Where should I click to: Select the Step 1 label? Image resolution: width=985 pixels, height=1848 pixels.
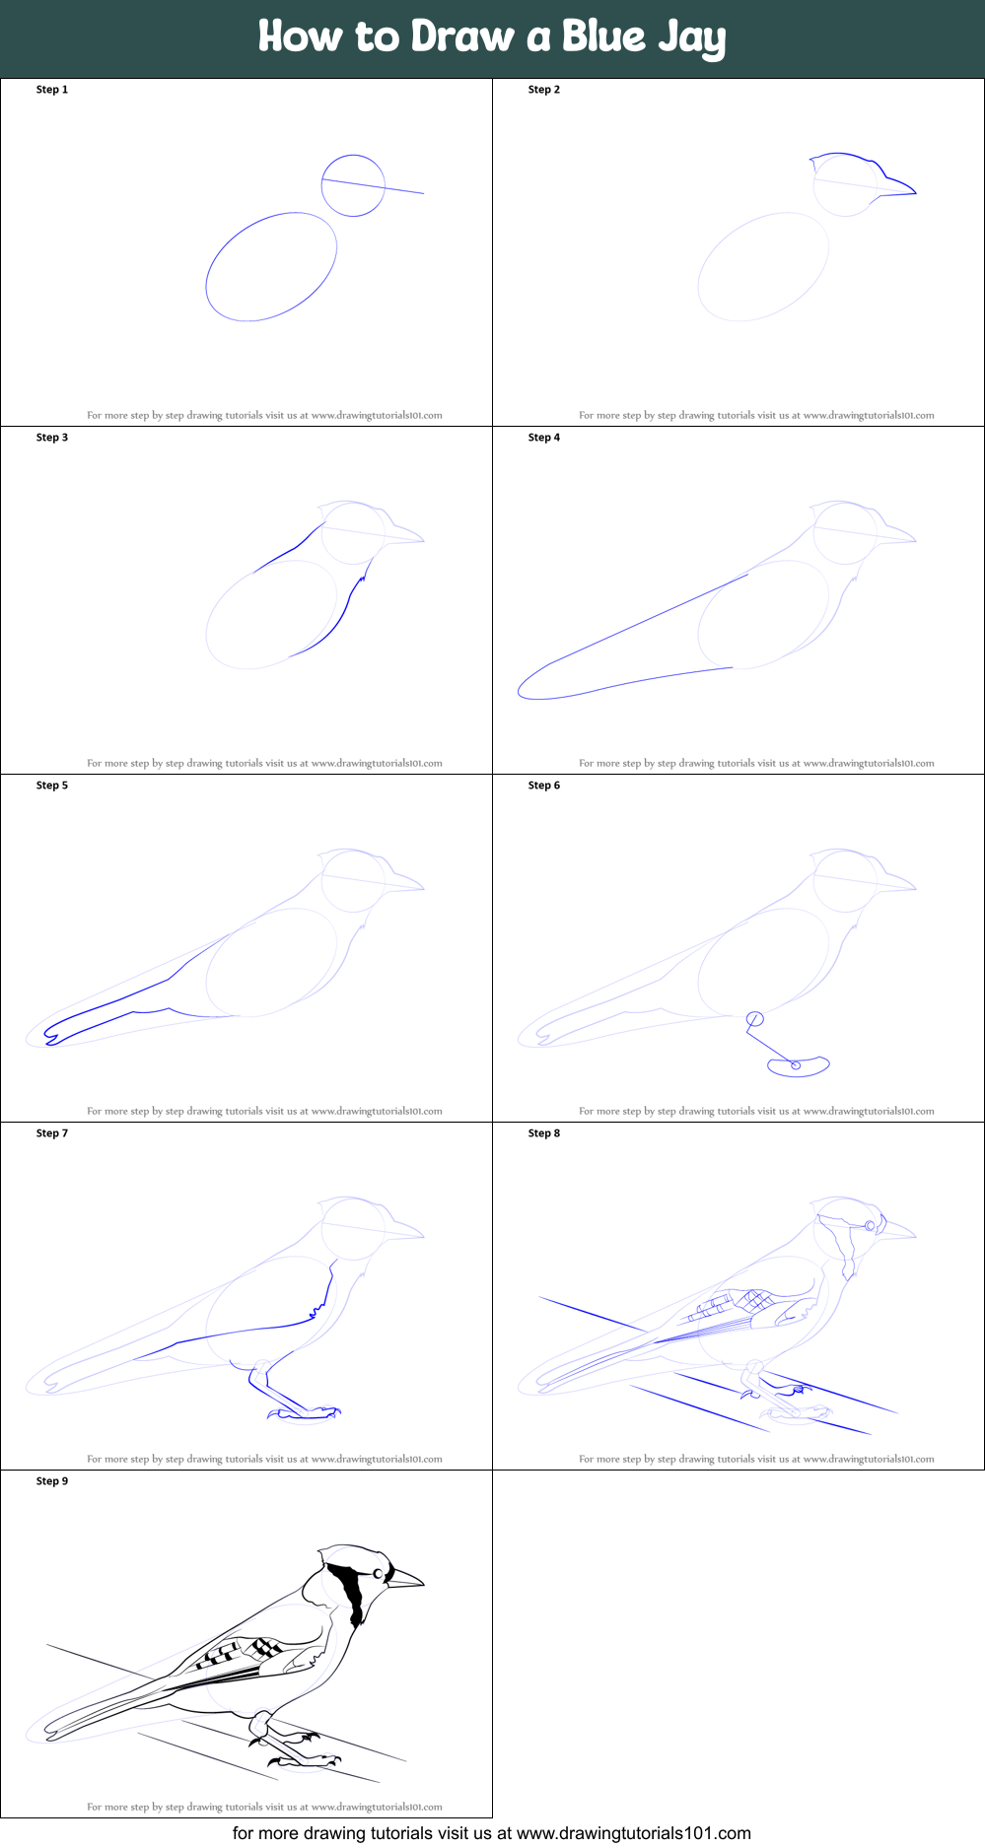tap(52, 90)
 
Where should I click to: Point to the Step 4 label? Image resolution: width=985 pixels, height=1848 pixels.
tap(544, 438)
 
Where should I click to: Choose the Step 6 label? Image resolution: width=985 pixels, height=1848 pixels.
tap(544, 786)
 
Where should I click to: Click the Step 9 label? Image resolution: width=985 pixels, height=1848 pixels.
tap(52, 1481)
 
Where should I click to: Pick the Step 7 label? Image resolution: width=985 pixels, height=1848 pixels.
tap(52, 1133)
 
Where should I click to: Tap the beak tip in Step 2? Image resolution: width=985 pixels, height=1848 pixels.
tap(916, 192)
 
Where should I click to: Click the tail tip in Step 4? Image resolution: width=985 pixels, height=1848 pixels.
tap(520, 693)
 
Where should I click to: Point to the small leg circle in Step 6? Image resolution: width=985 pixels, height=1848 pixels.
tap(755, 1018)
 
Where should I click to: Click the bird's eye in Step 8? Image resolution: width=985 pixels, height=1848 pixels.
tap(870, 1225)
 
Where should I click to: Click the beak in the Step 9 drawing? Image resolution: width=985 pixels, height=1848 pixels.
tap(404, 1580)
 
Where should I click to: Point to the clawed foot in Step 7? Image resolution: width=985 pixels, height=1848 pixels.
tap(306, 1413)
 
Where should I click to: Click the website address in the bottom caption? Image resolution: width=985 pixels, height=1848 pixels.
tap(634, 1833)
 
